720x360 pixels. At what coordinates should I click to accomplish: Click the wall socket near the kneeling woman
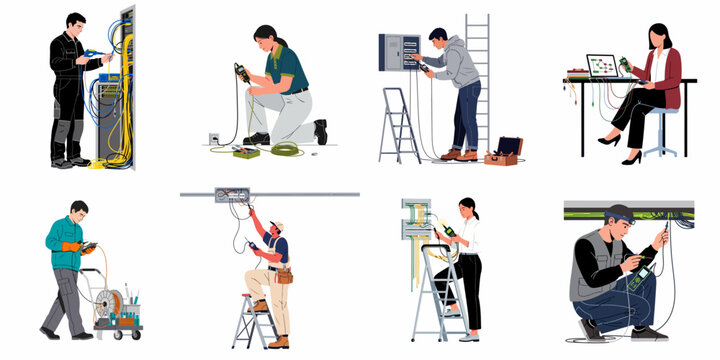coord(213,138)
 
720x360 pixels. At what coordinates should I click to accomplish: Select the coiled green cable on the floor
coord(286,150)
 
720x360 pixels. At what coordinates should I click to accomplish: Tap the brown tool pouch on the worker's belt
coord(284,275)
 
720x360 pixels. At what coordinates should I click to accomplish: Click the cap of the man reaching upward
coord(277,227)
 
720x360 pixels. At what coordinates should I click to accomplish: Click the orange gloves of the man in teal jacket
coord(71,246)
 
